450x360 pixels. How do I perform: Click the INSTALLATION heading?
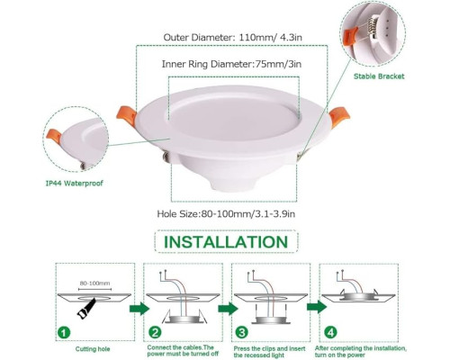pos(226,242)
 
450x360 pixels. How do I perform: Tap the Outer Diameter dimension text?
pos(232,38)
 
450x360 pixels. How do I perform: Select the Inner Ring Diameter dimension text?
pos(231,64)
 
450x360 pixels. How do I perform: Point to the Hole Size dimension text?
pos(226,214)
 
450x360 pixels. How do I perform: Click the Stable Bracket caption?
pos(379,76)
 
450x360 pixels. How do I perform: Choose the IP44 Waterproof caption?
pos(74,183)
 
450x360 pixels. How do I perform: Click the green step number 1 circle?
pos(64,333)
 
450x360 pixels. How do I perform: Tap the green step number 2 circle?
pos(155,333)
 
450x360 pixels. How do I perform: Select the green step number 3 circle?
pos(241,332)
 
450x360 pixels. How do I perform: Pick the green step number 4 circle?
pos(330,332)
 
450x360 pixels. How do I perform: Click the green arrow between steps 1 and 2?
pos(139,309)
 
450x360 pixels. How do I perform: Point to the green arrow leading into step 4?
pos(317,307)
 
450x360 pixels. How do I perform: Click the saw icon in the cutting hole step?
pos(86,309)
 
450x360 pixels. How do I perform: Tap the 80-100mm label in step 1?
pos(94,283)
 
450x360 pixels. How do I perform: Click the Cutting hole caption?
pos(93,349)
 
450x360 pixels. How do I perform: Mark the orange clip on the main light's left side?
pos(126,116)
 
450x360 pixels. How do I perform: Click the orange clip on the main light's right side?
pos(339,117)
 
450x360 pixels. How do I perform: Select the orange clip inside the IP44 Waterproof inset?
pos(53,137)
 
